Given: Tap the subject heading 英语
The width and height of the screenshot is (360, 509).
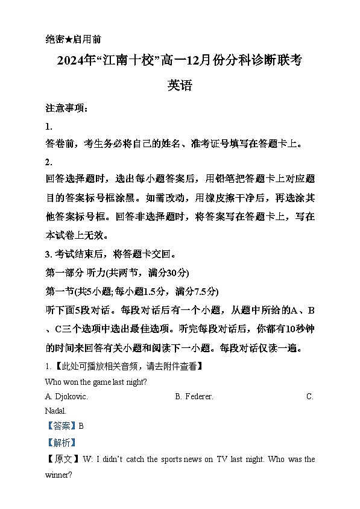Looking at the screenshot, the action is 180,85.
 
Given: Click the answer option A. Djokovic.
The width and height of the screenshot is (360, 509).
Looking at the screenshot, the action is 66,396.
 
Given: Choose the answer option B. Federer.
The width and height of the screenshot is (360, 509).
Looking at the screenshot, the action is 194,396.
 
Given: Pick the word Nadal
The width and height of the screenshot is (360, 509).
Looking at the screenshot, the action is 55,410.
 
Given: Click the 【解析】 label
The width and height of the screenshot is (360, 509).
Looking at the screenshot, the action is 61,442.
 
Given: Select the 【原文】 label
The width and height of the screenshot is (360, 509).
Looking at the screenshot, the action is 61,459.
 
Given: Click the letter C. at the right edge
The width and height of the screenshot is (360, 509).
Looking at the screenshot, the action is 310,396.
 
